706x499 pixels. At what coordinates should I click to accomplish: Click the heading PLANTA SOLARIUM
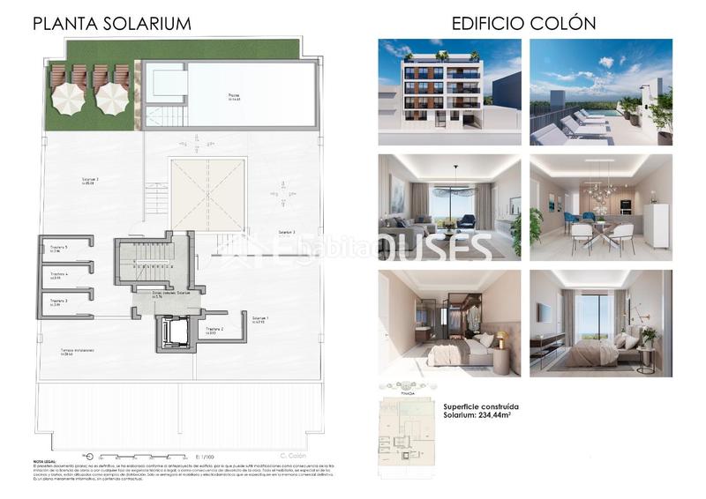[x=111, y=23]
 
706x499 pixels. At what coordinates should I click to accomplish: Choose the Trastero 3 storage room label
[x=59, y=302]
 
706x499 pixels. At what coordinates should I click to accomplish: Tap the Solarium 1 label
[x=260, y=319]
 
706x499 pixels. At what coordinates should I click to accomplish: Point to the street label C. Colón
[x=291, y=456]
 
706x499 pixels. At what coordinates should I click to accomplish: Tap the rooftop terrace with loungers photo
[x=600, y=92]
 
